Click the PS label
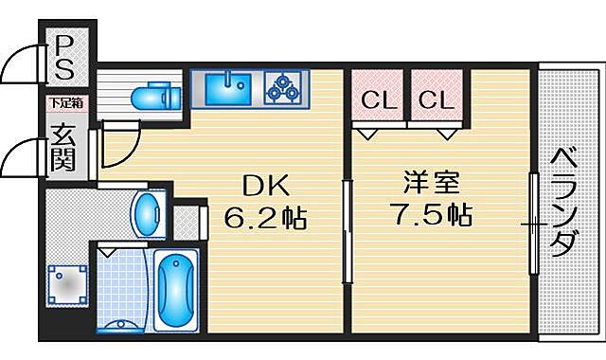(x=65, y=57)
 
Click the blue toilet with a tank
(x=152, y=96)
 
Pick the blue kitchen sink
(x=225, y=87)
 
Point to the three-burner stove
(x=281, y=87)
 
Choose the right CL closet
(x=434, y=99)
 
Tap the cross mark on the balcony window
(x=535, y=225)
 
